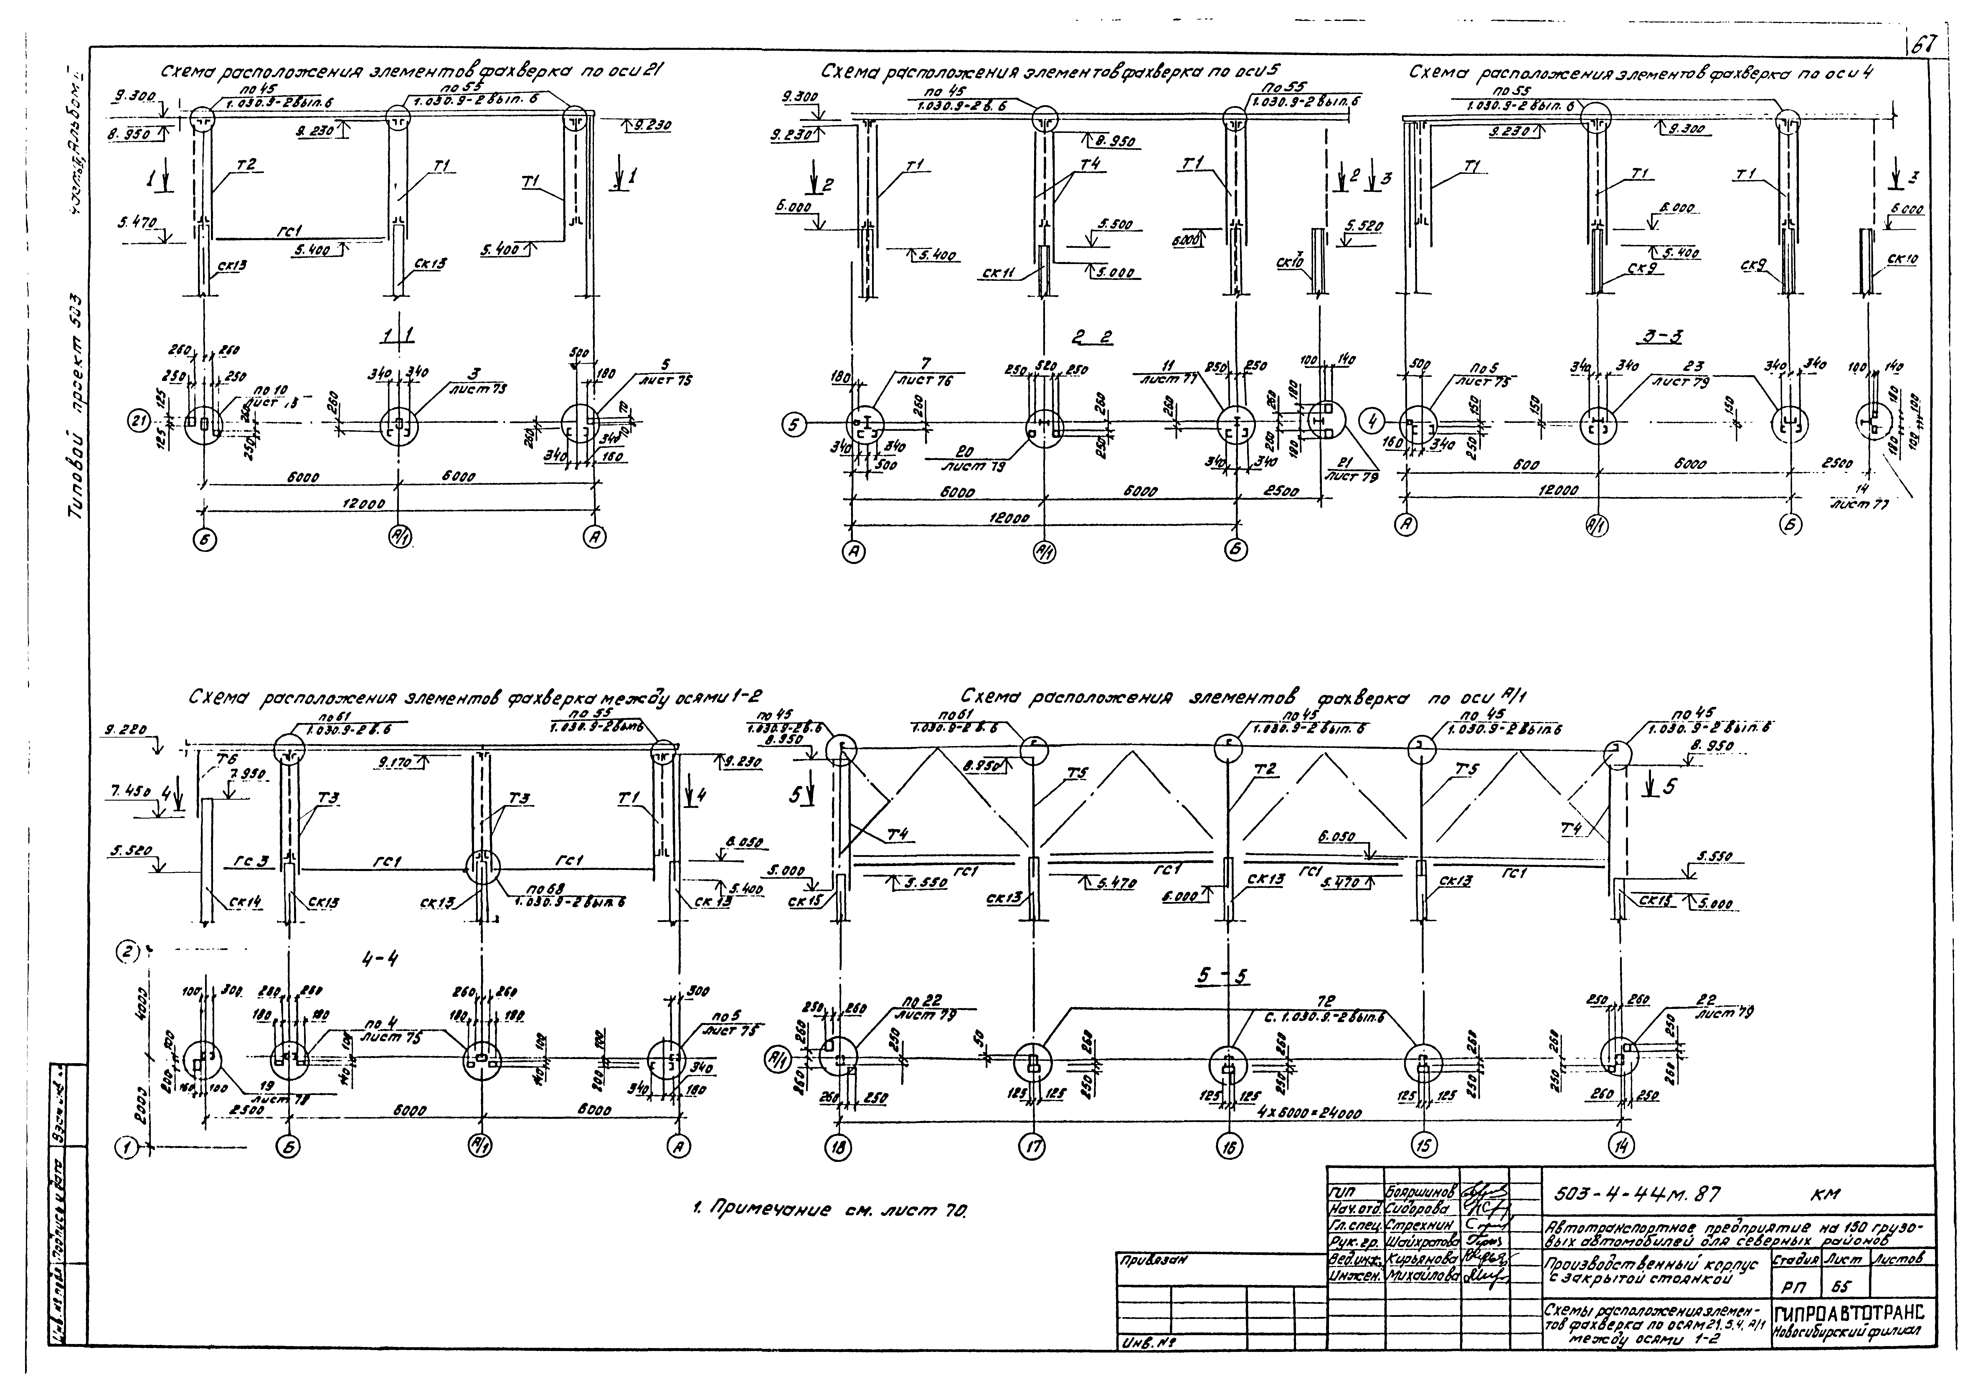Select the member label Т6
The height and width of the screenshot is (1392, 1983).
[226, 759]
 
